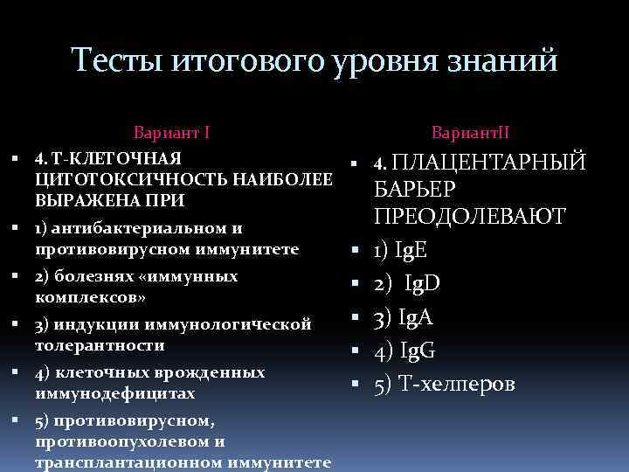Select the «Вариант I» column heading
(x=171, y=134)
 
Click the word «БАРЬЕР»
(x=415, y=189)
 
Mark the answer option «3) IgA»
(x=403, y=316)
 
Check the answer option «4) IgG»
(x=404, y=351)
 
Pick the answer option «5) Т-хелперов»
(x=444, y=384)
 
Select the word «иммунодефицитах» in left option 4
(x=109, y=393)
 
